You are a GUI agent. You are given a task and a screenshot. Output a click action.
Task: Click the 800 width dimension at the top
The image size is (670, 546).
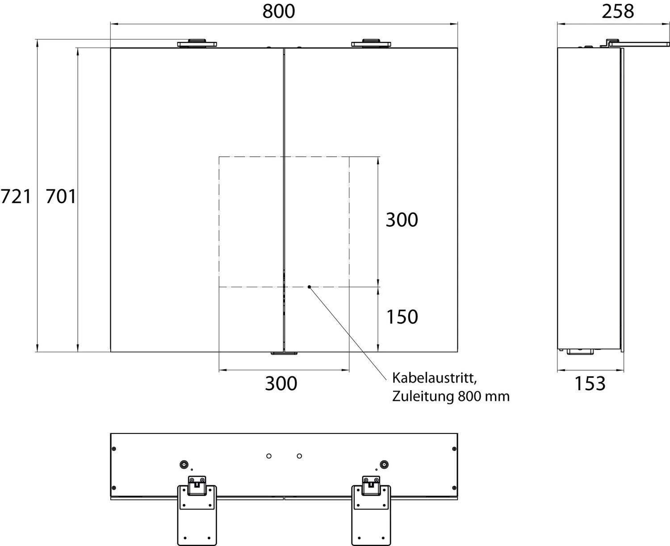click(x=279, y=11)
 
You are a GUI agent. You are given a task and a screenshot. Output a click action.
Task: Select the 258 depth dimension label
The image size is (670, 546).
click(x=618, y=11)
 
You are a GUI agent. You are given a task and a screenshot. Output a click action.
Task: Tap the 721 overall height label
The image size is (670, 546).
click(x=16, y=196)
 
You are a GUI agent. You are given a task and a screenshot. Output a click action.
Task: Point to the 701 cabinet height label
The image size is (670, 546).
click(x=61, y=196)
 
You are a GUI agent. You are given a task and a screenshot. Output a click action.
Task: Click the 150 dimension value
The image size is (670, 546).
click(x=402, y=317)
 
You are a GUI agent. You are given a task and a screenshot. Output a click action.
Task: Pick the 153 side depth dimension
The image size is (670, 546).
click(x=590, y=383)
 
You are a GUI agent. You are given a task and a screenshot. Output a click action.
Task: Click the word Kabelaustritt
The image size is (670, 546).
click(x=434, y=378)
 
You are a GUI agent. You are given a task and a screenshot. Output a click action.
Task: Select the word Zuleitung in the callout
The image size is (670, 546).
click(x=423, y=396)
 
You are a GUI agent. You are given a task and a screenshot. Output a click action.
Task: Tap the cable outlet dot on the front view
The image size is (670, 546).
click(x=309, y=287)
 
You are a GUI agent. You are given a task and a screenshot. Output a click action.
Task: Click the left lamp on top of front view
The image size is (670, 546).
click(x=197, y=43)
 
